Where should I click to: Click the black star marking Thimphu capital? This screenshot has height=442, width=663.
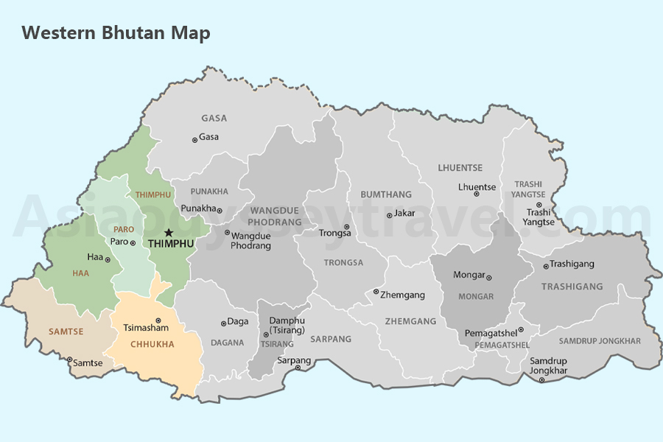click(x=169, y=232)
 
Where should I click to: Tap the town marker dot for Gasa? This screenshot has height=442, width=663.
click(x=194, y=139)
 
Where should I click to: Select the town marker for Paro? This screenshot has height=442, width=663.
click(x=133, y=242)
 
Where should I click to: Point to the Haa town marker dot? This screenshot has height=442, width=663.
click(x=108, y=259)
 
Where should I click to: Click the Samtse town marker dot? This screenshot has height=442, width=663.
click(x=70, y=360)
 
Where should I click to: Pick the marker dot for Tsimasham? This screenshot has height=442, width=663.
click(x=158, y=320)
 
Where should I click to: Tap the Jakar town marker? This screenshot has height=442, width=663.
click(x=389, y=215)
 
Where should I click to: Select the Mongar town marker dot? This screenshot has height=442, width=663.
click(x=488, y=278)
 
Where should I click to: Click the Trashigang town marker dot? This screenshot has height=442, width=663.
click(x=546, y=267)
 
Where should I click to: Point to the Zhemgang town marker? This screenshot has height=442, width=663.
click(x=376, y=292)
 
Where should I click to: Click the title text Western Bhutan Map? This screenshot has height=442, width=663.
click(x=116, y=33)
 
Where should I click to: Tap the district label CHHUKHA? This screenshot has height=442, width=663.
click(x=152, y=344)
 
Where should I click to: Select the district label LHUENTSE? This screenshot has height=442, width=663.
click(x=460, y=168)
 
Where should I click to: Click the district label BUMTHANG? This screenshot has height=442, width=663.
click(x=386, y=194)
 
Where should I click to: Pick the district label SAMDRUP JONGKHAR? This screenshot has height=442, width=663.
click(x=600, y=341)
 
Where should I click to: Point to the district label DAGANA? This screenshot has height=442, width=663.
click(x=227, y=343)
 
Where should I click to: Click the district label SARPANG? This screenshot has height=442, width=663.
click(x=331, y=340)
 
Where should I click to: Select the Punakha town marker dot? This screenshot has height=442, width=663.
click(x=220, y=211)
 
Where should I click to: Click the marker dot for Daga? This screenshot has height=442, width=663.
click(x=223, y=323)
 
